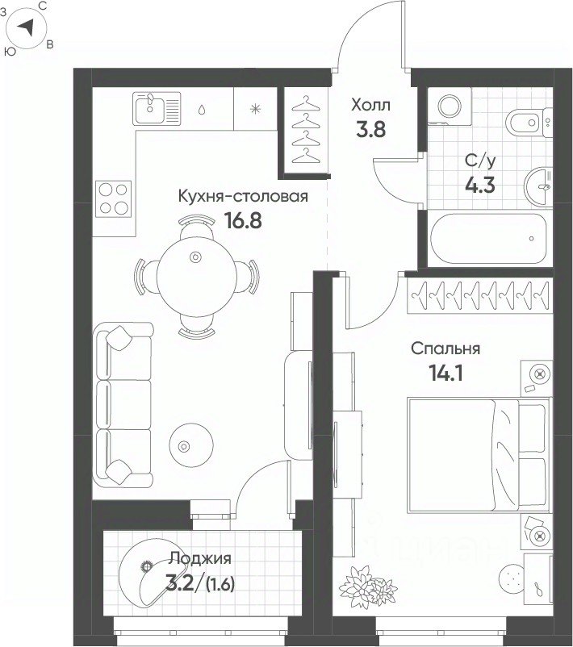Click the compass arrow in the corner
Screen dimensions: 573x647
tap(27, 27)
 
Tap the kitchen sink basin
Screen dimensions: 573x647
tap(148, 109)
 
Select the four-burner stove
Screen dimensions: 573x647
tap(114, 199)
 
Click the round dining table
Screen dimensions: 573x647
tap(196, 276)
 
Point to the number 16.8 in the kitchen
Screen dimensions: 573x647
tap(243, 220)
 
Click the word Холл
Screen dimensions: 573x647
tap(370, 105)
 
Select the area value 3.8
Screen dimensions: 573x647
tap(370, 129)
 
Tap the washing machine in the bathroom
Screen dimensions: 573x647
tap(450, 106)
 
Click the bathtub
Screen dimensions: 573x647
tap(488, 239)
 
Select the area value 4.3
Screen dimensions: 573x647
tap(480, 185)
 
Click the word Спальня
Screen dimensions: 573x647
tap(445, 349)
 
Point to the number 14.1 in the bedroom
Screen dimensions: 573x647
tap(445, 373)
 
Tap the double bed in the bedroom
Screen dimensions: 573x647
tap(479, 455)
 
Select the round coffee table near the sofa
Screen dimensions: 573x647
tap(191, 445)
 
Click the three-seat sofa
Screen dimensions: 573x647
tap(123, 405)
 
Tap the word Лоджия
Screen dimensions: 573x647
tap(200, 559)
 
